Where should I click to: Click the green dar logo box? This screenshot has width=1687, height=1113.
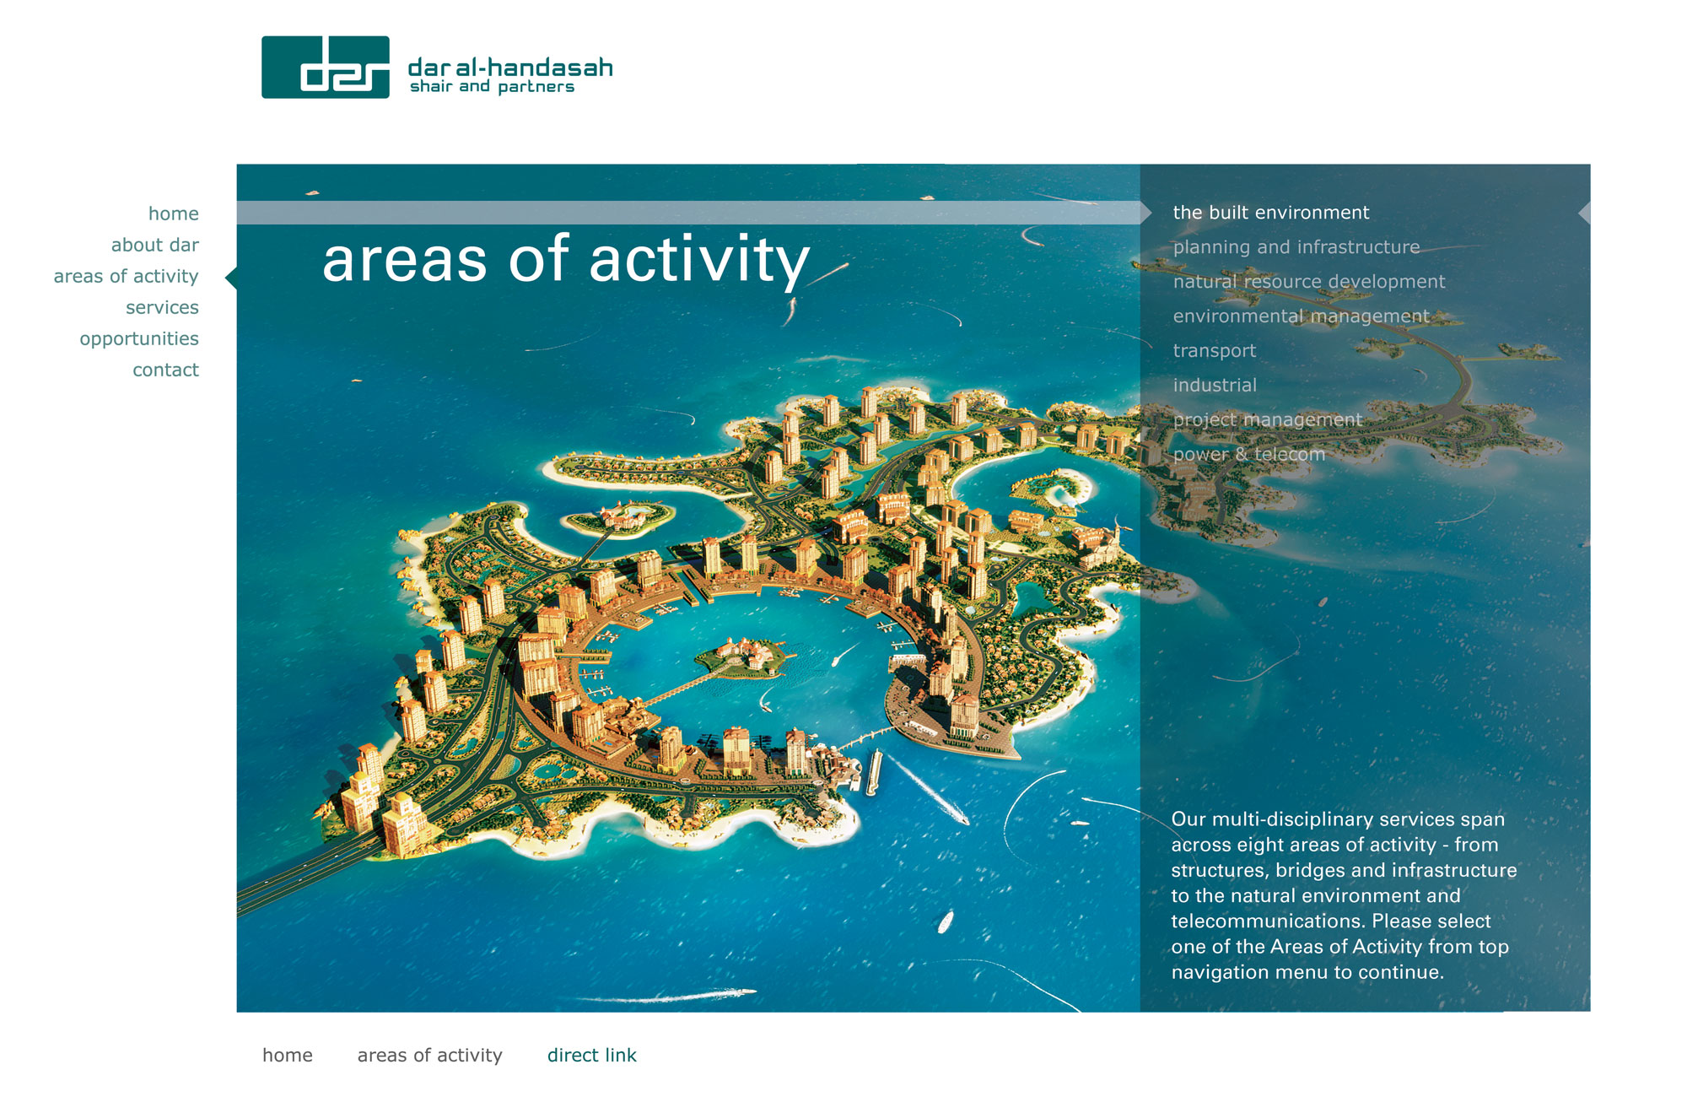click(x=326, y=68)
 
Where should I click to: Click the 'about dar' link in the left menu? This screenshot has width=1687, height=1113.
click(x=155, y=245)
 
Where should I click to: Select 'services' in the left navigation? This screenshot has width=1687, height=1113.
click(x=162, y=307)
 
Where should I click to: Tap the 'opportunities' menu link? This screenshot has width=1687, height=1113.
click(x=139, y=339)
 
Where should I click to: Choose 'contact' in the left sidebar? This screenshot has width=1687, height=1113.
click(x=165, y=370)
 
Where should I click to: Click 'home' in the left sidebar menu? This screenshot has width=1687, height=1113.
click(x=174, y=213)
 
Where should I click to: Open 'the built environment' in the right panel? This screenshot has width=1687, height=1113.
click(x=1271, y=213)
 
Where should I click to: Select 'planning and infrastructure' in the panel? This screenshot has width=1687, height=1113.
click(x=1296, y=247)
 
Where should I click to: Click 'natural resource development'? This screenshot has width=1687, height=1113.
click(x=1309, y=282)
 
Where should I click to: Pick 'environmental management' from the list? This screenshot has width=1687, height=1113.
click(x=1302, y=316)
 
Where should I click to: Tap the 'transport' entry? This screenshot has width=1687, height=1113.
click(x=1215, y=351)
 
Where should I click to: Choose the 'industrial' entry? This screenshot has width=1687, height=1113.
click(x=1215, y=386)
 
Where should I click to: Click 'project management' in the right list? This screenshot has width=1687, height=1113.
click(x=1268, y=420)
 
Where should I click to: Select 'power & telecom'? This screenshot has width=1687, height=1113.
click(x=1249, y=454)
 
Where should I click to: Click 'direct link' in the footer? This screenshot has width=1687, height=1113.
click(x=592, y=1055)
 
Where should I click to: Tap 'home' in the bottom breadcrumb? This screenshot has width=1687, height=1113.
click(x=288, y=1055)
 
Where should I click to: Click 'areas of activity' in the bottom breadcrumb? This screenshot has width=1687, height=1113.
click(x=430, y=1055)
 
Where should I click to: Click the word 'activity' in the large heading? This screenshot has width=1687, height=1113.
click(x=699, y=261)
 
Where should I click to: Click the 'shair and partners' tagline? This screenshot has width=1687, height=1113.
click(x=492, y=87)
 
